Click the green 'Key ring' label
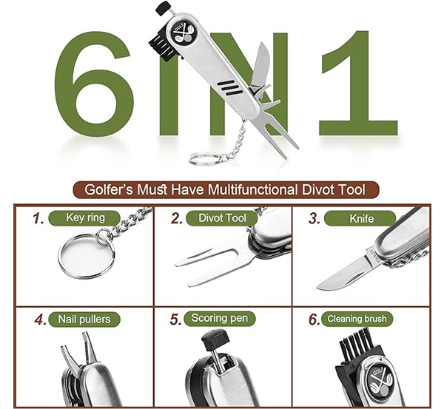(x=84, y=218)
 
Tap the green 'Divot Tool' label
(x=222, y=218)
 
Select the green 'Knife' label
(x=360, y=218)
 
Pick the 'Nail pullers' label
(x=84, y=320)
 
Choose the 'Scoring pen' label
(x=220, y=318)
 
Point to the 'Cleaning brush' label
(x=357, y=319)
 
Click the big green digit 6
(x=93, y=84)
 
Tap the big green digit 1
(x=357, y=84)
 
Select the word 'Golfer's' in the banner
(x=109, y=189)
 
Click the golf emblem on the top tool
(x=183, y=33)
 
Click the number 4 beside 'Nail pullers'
(x=40, y=320)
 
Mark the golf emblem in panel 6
(x=379, y=380)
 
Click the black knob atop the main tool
(x=164, y=7)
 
